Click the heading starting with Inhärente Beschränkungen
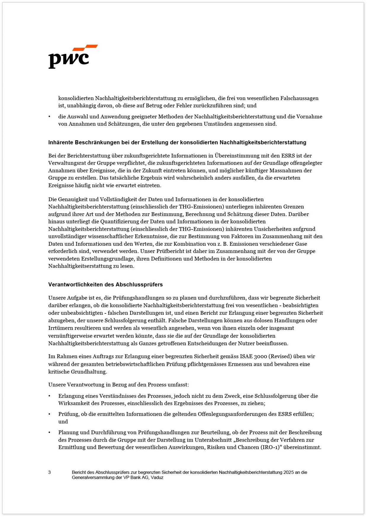coord(177,142)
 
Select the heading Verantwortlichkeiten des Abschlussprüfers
coord(105,285)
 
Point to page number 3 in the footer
coord(49,472)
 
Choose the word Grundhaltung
coord(88,372)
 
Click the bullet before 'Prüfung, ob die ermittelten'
coord(49,414)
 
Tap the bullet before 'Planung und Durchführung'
coord(49,433)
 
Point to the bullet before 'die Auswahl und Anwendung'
coord(49,117)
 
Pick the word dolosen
coord(264,320)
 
